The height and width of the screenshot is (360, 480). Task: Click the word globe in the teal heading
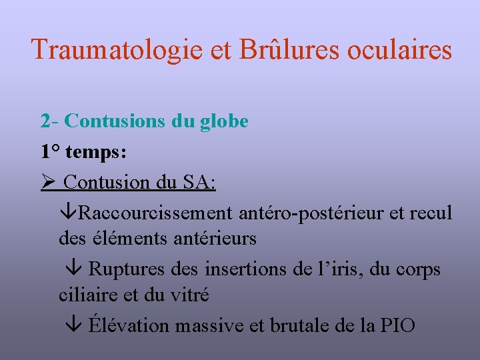(225, 121)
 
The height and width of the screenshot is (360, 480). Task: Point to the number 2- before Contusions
(50, 121)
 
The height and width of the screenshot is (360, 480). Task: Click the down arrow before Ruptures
(75, 270)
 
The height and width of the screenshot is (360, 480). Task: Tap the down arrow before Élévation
(75, 326)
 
